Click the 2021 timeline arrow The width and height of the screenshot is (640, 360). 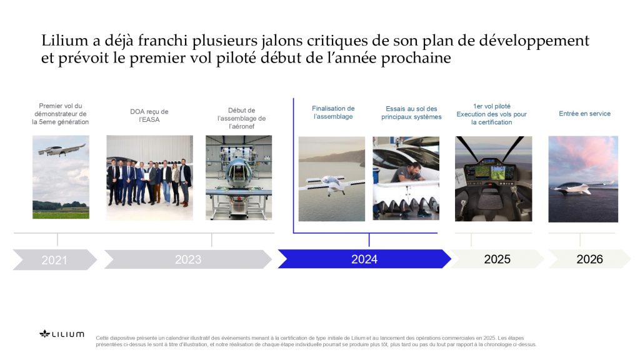[55, 259]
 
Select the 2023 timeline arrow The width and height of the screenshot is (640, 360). [188, 259]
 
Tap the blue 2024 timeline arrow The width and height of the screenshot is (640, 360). [364, 259]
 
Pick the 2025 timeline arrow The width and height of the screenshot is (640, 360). [497, 259]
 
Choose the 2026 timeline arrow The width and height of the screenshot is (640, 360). [590, 259]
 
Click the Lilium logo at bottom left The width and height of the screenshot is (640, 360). [62, 334]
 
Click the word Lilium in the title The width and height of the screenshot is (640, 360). [64, 41]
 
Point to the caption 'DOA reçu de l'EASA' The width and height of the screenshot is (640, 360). [149, 116]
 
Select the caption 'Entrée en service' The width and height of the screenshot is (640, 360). [584, 114]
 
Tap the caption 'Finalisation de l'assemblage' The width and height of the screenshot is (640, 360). [333, 112]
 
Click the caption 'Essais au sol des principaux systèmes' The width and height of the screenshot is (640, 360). [411, 112]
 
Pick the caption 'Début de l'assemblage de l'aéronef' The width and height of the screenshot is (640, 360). [242, 118]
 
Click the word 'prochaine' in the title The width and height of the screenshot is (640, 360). [416, 58]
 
